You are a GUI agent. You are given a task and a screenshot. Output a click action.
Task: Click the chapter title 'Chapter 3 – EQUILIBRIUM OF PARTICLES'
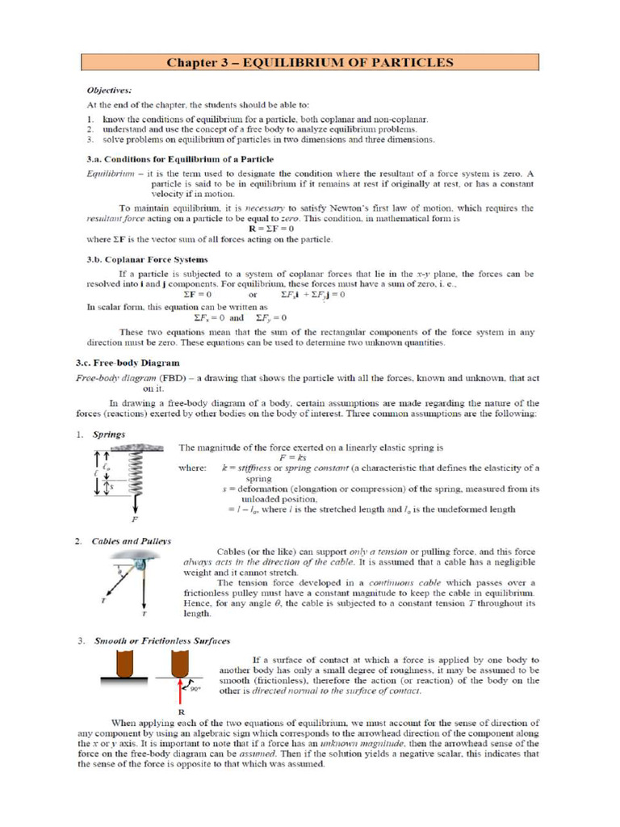coord(309,62)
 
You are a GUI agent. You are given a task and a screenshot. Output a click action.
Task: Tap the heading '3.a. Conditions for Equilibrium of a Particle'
coord(180,158)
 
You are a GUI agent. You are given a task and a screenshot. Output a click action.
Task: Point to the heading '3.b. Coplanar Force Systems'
coord(147,260)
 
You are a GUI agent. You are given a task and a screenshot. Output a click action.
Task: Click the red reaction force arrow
coord(179,688)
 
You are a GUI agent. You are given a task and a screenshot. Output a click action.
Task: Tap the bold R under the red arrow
coord(179,712)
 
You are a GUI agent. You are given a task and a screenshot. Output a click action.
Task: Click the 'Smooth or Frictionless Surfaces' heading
coord(161,640)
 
